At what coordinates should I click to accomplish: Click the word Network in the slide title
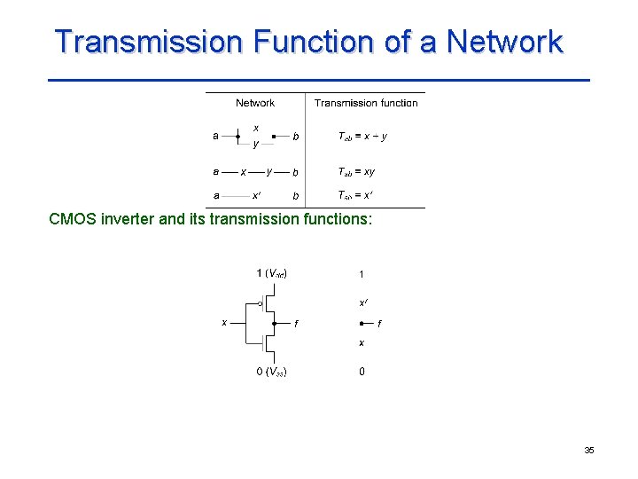point(504,42)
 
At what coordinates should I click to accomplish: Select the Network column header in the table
point(255,103)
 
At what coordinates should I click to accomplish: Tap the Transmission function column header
point(366,103)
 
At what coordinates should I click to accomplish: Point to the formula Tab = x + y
point(363,137)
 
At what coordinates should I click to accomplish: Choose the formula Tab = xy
point(357,172)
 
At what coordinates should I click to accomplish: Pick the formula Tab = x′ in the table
point(355,195)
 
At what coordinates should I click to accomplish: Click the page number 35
point(589,451)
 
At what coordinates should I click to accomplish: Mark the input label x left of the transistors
point(224,322)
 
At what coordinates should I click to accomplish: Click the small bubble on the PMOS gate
point(260,303)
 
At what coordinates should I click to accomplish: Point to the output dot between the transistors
point(276,323)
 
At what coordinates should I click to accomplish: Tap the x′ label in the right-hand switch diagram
point(363,303)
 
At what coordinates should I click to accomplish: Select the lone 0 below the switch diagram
point(362,372)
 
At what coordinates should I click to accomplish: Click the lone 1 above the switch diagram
point(362,273)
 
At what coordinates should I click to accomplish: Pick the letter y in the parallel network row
point(256,144)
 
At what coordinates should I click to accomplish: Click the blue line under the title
point(319,81)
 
